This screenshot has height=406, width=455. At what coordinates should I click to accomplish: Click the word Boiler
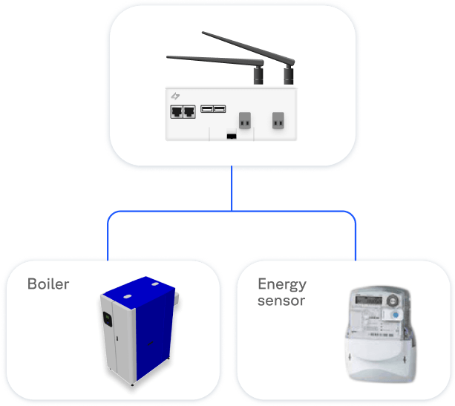[48, 284]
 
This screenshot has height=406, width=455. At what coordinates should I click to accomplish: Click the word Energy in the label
[281, 284]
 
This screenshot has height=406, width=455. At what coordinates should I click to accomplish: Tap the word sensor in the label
[281, 301]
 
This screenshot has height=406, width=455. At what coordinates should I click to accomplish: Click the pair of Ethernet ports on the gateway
[183, 111]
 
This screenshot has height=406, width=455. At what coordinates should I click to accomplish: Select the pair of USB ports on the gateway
[213, 109]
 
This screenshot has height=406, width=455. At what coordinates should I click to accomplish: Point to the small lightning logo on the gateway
[176, 96]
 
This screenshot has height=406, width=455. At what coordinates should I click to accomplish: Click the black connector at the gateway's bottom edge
[231, 136]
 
